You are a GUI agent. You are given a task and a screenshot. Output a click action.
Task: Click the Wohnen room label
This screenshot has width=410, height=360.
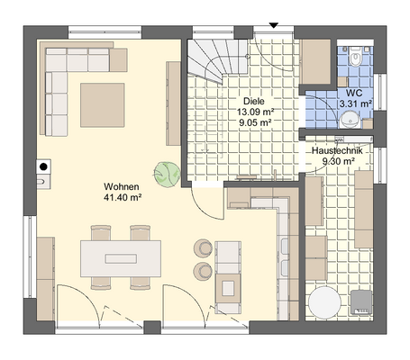coord(122,186)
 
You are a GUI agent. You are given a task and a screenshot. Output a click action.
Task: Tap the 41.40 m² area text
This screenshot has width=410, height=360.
coord(123,197)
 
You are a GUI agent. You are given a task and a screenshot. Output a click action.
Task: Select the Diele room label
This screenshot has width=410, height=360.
coord(254,101)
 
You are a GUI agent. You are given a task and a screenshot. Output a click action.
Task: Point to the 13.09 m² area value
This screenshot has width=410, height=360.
coord(255,112)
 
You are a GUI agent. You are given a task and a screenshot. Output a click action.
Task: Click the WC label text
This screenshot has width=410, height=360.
coord(354,93)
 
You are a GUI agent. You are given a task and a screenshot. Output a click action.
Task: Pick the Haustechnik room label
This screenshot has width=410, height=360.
coord(337,150)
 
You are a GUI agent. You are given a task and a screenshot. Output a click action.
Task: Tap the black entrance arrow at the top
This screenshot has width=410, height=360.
coord(273,25)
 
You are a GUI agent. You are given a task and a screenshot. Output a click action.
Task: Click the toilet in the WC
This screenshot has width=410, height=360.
coord(356,57)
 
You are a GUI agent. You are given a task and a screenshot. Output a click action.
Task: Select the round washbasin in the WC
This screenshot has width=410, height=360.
coord(350,120)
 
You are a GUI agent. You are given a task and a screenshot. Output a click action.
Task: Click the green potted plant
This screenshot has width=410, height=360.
coord(167,175)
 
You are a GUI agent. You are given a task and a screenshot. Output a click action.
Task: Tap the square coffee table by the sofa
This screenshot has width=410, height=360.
coord(102,105)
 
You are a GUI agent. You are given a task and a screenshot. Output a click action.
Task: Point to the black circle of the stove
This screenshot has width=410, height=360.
coord(43,166)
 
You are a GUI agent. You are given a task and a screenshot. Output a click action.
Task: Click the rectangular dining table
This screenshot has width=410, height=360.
coord(121,258)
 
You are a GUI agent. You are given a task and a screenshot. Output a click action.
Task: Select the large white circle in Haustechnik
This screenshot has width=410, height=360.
coord(325,302)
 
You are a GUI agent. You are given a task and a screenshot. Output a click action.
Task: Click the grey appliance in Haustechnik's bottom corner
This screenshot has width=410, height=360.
coord(361,302)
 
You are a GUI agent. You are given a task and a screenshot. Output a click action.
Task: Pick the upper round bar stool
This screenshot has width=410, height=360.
coord(204,248)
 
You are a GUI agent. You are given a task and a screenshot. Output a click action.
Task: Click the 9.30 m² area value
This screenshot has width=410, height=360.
coord(339,161)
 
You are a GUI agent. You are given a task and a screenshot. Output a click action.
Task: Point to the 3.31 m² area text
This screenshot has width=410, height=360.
coord(356,103)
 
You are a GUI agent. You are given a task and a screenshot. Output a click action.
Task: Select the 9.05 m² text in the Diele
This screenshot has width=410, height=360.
coord(255,122)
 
